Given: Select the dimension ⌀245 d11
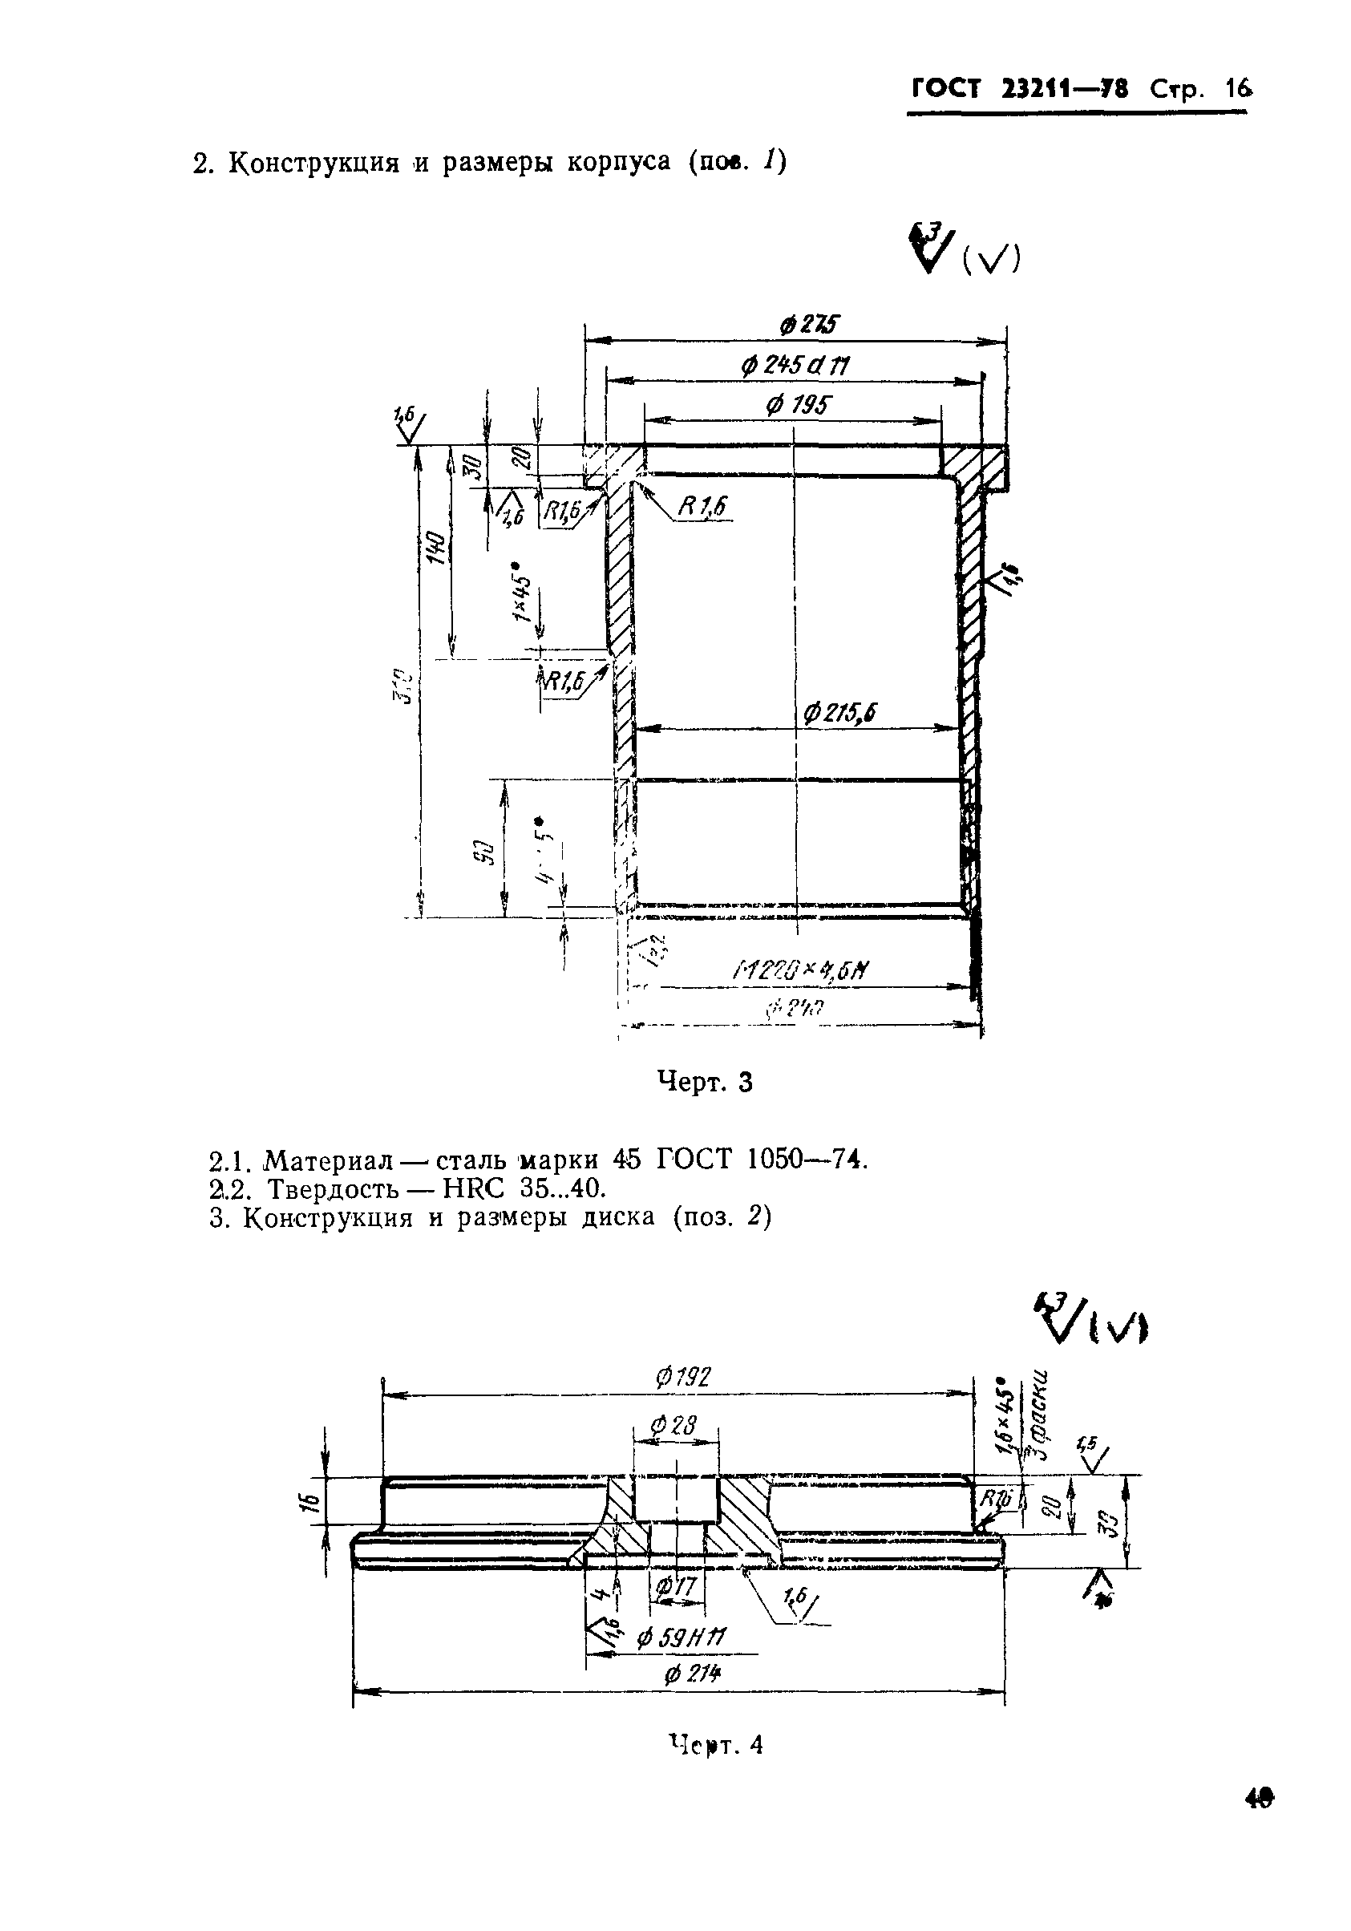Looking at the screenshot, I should pyautogui.click(x=794, y=366).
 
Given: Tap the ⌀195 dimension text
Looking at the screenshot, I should pyautogui.click(x=795, y=407).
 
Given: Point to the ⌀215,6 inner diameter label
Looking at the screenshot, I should pyautogui.click(x=838, y=714).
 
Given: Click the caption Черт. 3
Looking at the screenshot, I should pyautogui.click(x=704, y=1083).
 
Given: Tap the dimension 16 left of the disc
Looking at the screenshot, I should pyautogui.click(x=309, y=1501).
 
